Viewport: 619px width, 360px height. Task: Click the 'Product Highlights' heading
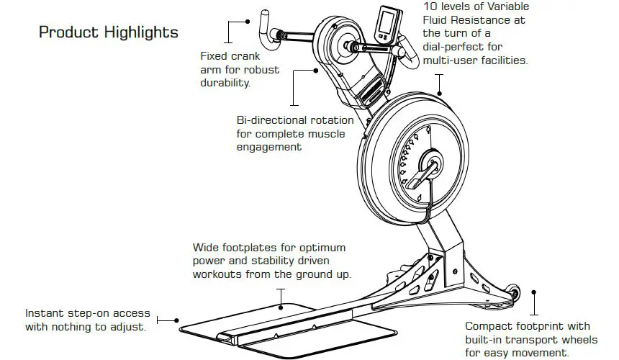tap(108, 33)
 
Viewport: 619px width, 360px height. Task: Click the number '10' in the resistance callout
tap(430, 6)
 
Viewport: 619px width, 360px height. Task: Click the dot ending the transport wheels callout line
tap(533, 293)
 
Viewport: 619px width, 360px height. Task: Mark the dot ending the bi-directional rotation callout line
tap(316, 71)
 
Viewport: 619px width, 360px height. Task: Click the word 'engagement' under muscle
tap(268, 147)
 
